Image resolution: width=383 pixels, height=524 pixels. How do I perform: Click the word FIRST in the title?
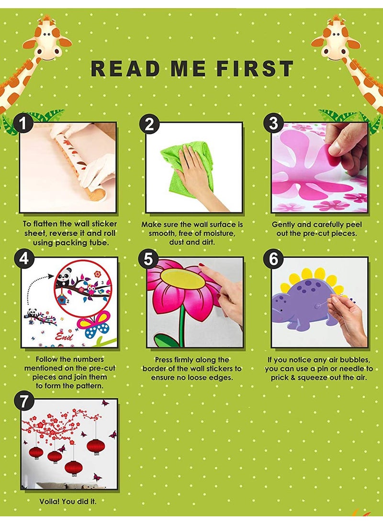255,68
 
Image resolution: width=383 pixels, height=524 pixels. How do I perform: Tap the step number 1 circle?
23,123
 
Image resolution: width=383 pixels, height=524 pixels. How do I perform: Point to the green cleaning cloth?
187,174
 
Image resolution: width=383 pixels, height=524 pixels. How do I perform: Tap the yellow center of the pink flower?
182,279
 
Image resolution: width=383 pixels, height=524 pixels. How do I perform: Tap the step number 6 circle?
273,259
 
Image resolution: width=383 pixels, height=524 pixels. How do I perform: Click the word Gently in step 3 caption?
283,225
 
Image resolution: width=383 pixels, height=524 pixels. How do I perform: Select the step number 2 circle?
149,124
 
